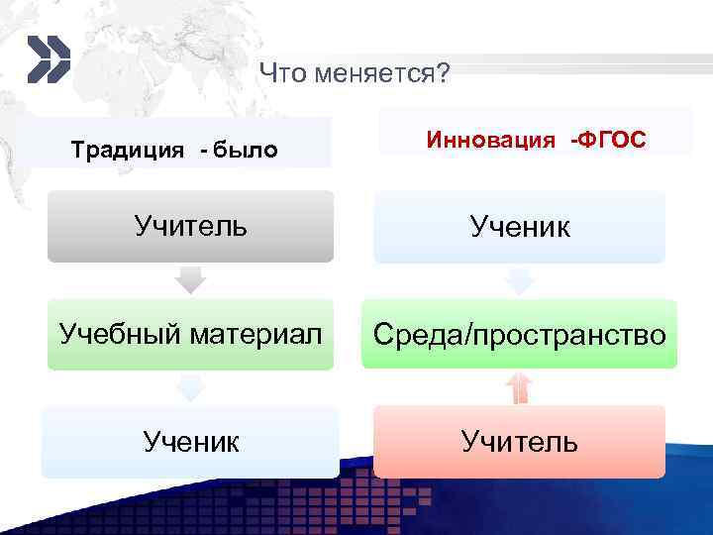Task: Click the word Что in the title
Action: click(x=279, y=73)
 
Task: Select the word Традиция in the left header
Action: click(x=128, y=151)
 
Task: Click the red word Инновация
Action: click(x=490, y=140)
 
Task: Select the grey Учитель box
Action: click(x=191, y=227)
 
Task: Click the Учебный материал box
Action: click(x=191, y=334)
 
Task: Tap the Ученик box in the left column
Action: click(x=191, y=441)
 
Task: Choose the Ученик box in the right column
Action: click(x=519, y=228)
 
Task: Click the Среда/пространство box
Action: click(x=519, y=335)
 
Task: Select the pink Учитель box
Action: click(x=519, y=441)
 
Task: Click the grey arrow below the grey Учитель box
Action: click(x=190, y=280)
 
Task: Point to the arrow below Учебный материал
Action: click(x=190, y=387)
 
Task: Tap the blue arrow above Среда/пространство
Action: click(x=519, y=281)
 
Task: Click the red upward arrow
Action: click(x=519, y=387)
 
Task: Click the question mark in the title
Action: click(x=441, y=73)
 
